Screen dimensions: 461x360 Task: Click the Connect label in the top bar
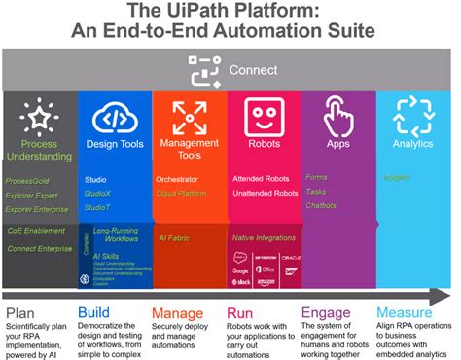253,70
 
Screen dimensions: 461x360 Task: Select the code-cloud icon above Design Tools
115,119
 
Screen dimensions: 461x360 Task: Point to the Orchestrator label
177,180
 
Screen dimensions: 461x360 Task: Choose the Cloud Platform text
181,194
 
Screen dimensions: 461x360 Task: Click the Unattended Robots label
266,194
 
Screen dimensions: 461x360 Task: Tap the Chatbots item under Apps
322,205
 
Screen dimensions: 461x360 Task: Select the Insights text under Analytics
397,178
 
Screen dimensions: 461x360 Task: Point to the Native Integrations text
265,237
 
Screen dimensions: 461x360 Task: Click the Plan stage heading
19,313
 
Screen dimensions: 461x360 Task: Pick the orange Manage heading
180,313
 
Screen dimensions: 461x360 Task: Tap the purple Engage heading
327,313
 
